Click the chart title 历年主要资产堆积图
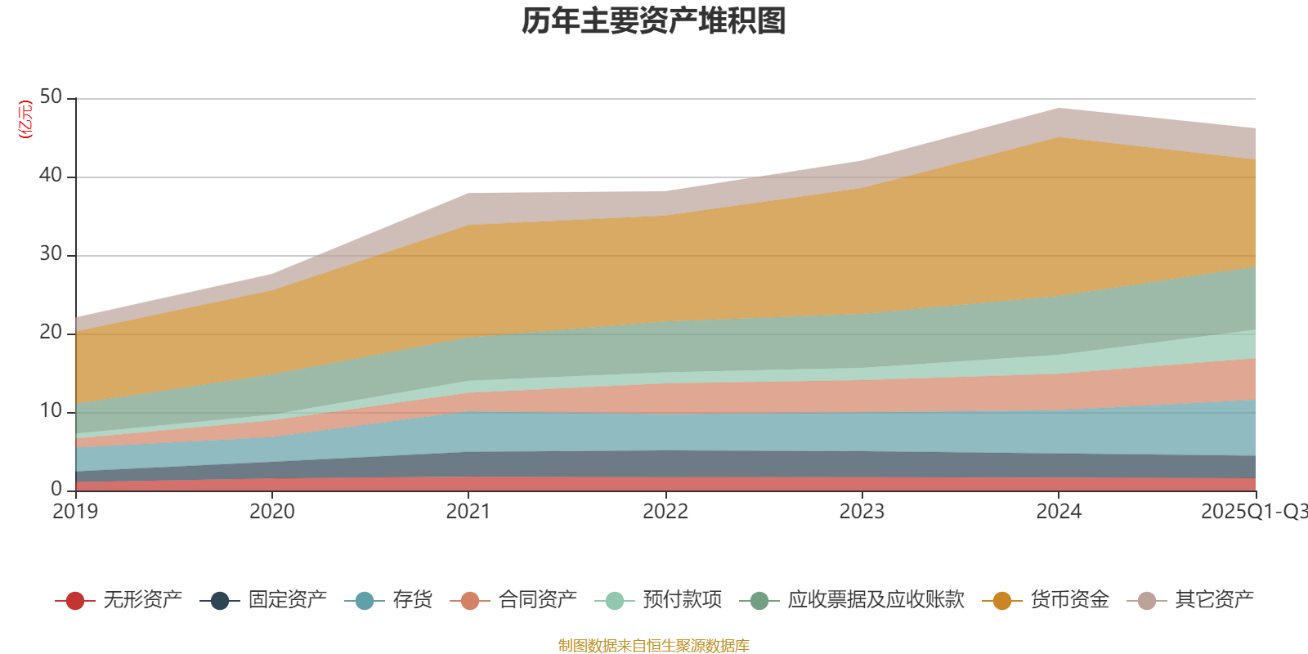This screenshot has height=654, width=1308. [x=654, y=21]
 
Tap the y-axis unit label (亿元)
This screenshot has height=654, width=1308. [x=25, y=119]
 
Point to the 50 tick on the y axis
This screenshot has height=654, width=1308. [x=51, y=97]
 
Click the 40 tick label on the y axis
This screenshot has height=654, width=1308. [x=51, y=176]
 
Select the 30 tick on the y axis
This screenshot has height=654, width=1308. [x=51, y=254]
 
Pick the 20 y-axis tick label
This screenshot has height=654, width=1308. [x=51, y=333]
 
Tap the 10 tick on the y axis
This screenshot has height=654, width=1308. [x=51, y=411]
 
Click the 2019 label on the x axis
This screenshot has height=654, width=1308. [x=75, y=512]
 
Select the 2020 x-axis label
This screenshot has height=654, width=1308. [x=271, y=512]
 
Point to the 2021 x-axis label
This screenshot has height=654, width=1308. [x=468, y=512]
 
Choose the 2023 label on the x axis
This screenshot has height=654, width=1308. [x=862, y=512]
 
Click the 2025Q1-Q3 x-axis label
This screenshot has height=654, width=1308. [x=1252, y=512]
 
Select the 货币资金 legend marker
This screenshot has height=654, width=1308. [x=1002, y=601]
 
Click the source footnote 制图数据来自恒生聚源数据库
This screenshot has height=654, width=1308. [x=654, y=646]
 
